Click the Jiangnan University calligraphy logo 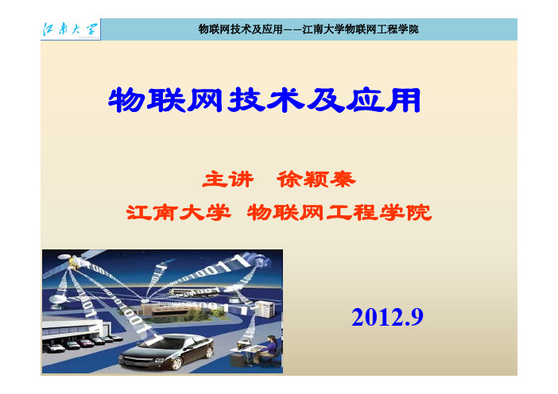pyautogui.click(x=70, y=29)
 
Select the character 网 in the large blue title pyautogui.click(x=205, y=100)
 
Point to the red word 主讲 pyautogui.click(x=228, y=179)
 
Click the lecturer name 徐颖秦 pyautogui.click(x=316, y=179)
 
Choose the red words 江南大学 pyautogui.click(x=179, y=212)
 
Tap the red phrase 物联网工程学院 pyautogui.click(x=339, y=212)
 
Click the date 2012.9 pyautogui.click(x=387, y=317)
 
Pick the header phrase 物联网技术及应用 pyautogui.click(x=241, y=29)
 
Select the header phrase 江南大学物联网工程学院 pyautogui.click(x=361, y=29)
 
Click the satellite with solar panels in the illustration pyautogui.click(x=74, y=261)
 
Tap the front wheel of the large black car pyautogui.click(x=176, y=364)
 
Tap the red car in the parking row pyautogui.click(x=86, y=343)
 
